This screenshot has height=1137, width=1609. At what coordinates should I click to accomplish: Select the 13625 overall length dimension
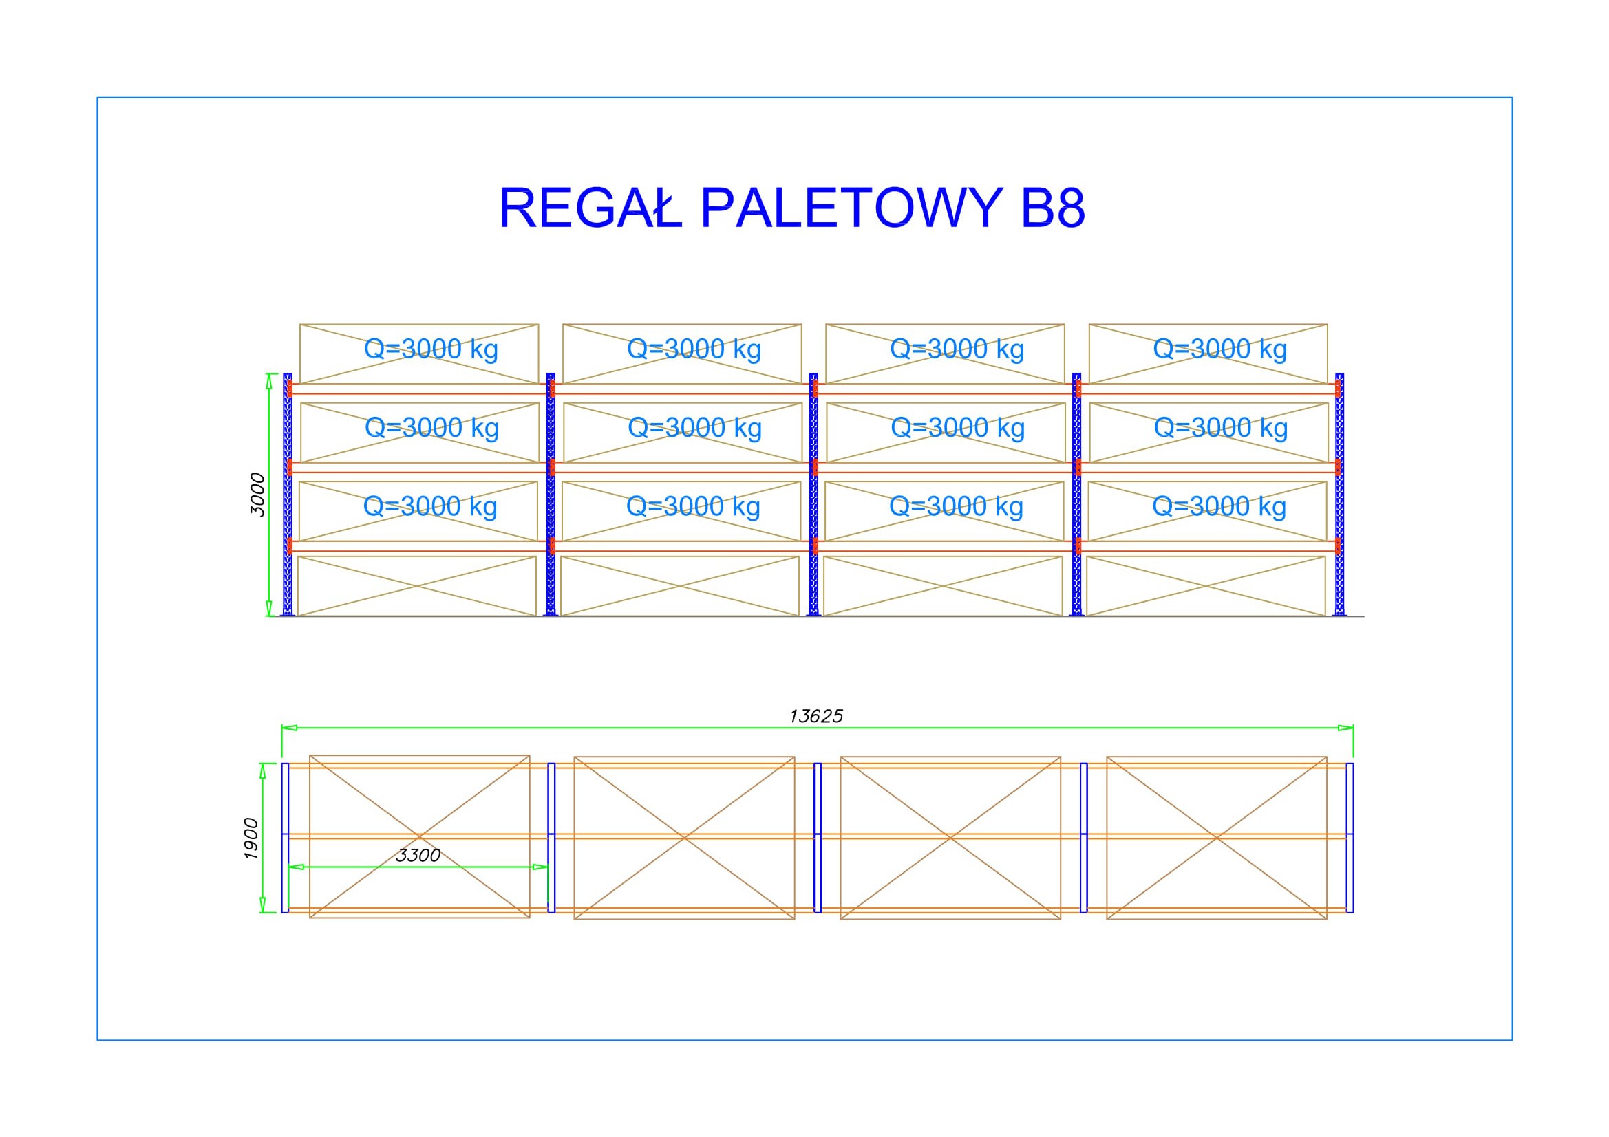(816, 716)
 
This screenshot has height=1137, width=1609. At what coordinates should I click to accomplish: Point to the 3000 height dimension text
(258, 495)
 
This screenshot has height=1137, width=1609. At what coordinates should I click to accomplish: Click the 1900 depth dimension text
(251, 838)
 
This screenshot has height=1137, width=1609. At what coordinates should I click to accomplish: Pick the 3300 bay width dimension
(418, 855)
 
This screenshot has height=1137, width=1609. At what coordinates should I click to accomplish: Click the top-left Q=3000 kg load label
(431, 349)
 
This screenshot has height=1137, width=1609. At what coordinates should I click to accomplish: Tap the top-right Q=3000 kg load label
(1220, 349)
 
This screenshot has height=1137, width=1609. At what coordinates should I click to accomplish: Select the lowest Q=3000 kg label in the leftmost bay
(430, 506)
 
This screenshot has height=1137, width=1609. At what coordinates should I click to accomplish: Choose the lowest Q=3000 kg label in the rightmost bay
(1219, 506)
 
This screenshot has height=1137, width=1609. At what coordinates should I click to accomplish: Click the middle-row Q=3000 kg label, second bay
(695, 427)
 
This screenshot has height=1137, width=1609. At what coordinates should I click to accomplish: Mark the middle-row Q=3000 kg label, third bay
(958, 427)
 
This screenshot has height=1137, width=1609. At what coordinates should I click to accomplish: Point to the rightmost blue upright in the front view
(1340, 495)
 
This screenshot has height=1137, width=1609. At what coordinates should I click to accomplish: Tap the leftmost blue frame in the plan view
(285, 838)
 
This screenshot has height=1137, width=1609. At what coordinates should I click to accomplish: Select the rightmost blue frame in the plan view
(1350, 838)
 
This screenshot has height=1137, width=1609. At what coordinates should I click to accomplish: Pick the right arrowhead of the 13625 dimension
(1345, 728)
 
